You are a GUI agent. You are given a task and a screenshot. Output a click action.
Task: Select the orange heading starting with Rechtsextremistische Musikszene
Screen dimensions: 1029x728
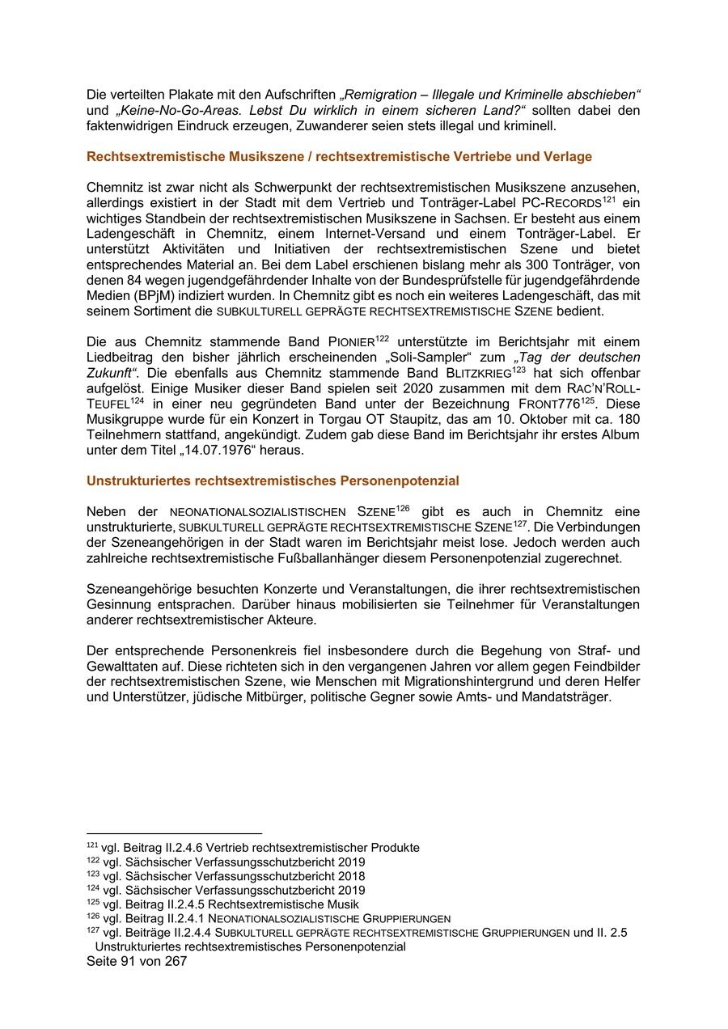point(339,156)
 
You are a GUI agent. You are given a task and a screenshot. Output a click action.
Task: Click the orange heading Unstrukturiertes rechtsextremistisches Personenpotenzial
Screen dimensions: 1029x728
point(273,481)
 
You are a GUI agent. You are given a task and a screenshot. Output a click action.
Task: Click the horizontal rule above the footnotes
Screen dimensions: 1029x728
point(174,832)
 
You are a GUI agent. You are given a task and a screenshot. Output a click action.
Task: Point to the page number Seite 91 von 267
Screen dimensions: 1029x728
point(137,961)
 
